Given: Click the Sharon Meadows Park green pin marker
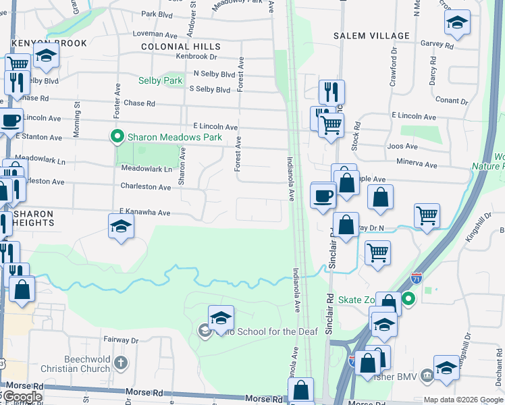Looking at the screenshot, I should tap(117, 137).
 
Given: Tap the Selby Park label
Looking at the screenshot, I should tap(161, 80).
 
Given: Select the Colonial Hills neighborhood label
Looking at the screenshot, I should tap(180, 47).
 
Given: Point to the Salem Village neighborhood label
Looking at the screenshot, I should tap(371, 35).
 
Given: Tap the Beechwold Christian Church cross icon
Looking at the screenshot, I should tap(120, 364).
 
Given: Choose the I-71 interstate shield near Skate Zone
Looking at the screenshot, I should tap(417, 277).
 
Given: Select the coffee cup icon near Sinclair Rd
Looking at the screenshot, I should tap(323, 196).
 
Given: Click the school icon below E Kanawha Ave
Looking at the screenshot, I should tap(121, 226).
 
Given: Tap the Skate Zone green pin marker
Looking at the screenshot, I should tap(408, 299).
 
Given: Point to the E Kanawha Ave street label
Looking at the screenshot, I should tap(144, 212).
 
